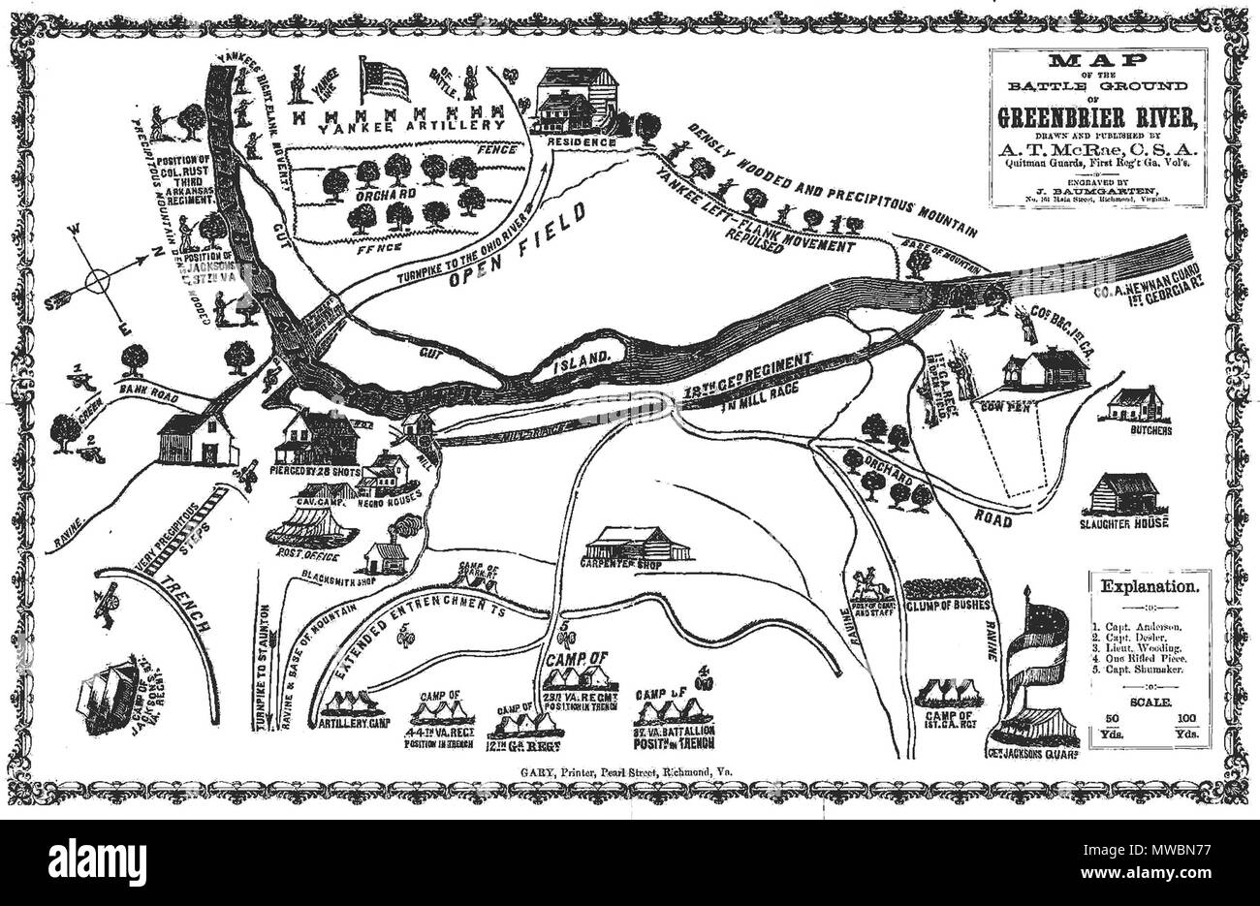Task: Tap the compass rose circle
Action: tap(98, 282)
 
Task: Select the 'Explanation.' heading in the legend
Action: tap(1147, 586)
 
